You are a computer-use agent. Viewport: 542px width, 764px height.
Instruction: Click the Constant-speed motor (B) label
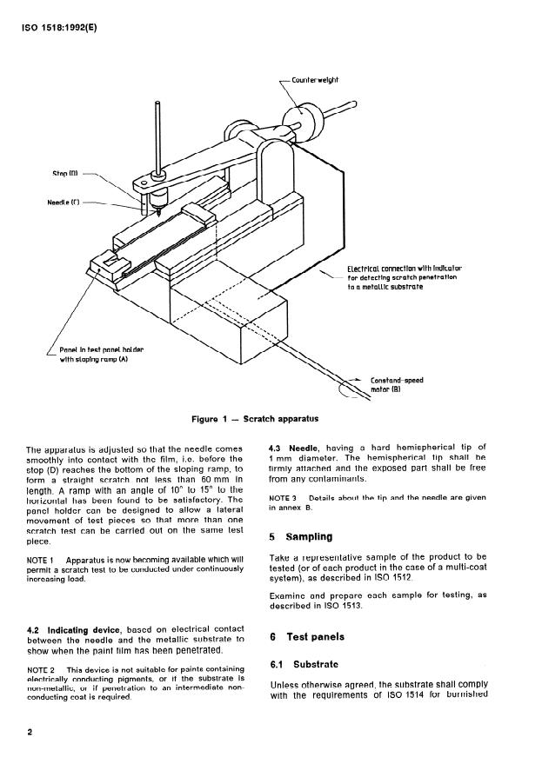[398, 385]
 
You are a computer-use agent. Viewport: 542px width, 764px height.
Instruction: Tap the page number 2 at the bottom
[30, 732]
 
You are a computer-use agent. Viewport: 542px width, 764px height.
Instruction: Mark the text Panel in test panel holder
[102, 349]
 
